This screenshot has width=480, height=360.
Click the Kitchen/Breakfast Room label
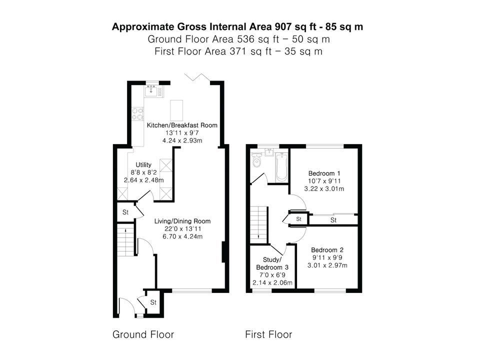point(182,125)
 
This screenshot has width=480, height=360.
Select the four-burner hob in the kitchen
point(137,113)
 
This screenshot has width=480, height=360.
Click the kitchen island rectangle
point(176,110)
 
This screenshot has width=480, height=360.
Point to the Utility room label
point(143,164)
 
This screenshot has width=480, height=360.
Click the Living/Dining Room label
point(182,221)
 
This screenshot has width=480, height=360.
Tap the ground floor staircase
point(125,240)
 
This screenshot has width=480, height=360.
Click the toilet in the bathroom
point(256,160)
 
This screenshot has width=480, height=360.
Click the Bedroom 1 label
point(324,173)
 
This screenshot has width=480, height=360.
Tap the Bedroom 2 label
point(327,250)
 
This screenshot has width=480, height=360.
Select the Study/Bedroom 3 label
point(272,263)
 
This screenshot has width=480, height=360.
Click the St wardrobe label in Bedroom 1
point(333,220)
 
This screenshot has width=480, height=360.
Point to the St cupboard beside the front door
point(153,302)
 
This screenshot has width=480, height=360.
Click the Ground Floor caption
point(143,334)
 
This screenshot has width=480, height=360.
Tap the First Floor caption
point(268,334)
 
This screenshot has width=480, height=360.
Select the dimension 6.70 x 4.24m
point(182,236)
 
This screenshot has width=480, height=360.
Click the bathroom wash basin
point(269,152)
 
